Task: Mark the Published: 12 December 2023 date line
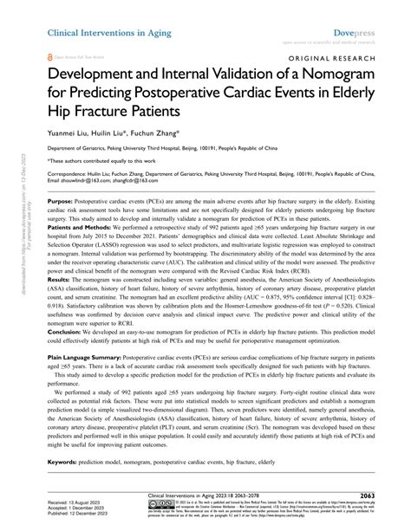(82, 515)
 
